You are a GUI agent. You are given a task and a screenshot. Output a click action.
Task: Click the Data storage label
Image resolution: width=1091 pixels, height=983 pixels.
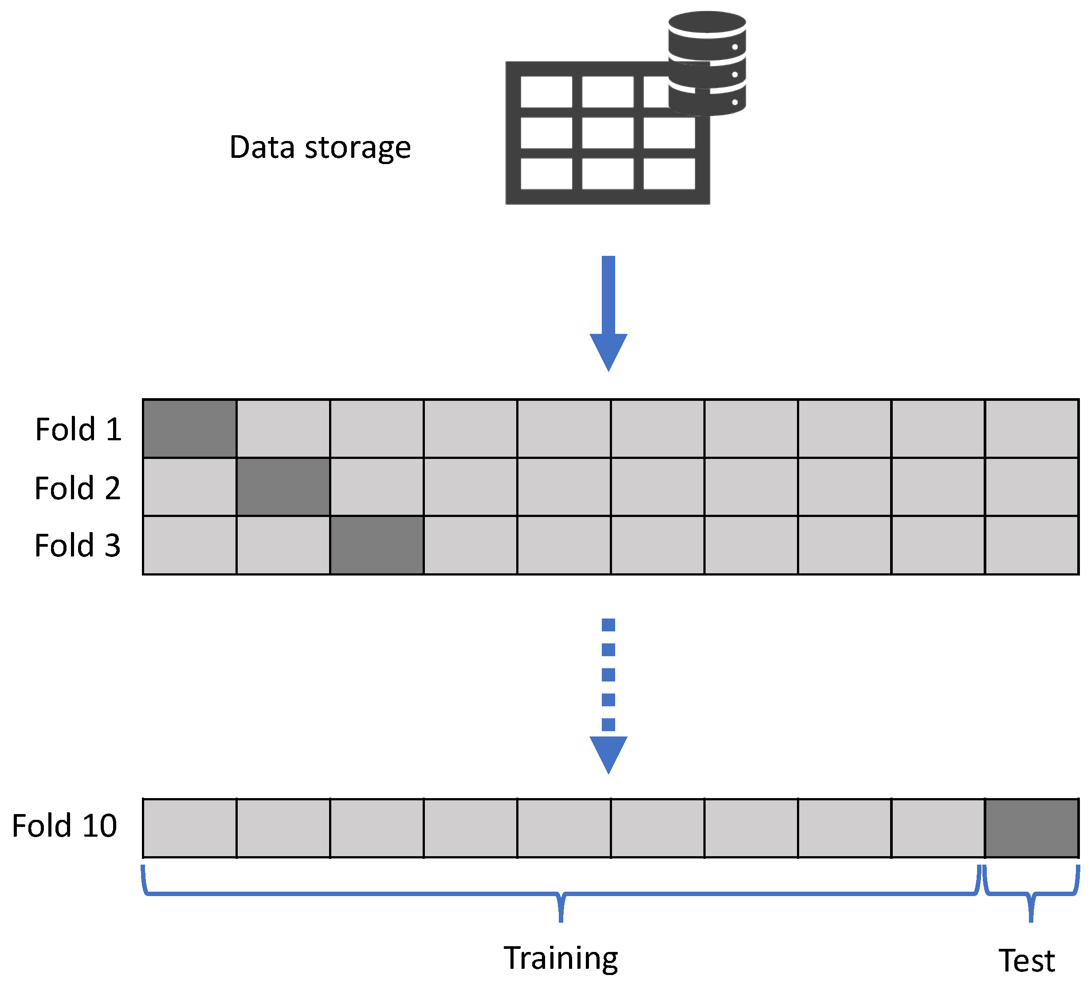point(320,148)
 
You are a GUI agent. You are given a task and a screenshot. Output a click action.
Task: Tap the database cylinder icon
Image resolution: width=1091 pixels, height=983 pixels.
point(706,64)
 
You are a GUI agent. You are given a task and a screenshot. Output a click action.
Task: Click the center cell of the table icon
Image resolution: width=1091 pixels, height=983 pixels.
point(608,133)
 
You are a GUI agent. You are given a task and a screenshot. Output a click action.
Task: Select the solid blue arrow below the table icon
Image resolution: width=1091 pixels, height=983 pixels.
point(608,313)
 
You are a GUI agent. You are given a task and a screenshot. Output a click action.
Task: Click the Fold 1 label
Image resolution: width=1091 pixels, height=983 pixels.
point(78,430)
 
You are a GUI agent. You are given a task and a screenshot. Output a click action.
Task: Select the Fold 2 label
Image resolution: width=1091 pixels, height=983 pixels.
point(77,488)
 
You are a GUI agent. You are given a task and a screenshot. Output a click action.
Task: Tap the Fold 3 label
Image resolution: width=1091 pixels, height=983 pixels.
point(77,545)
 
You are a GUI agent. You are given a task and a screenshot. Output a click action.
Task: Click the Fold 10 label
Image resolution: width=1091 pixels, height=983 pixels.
point(64,826)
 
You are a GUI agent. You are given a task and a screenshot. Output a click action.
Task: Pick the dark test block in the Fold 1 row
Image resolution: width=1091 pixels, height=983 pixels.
point(189,429)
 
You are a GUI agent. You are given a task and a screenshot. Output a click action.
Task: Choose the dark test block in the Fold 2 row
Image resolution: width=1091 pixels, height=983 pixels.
point(283,487)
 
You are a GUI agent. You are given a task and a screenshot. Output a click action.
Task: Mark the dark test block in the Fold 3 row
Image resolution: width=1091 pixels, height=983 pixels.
point(377,545)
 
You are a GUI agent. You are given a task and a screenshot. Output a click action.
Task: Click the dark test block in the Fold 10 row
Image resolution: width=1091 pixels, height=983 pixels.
point(1031,828)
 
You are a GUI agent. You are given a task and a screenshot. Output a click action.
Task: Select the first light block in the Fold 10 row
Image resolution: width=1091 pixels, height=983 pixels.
point(189,828)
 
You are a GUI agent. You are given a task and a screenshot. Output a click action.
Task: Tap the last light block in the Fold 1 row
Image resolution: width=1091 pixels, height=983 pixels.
point(1031,429)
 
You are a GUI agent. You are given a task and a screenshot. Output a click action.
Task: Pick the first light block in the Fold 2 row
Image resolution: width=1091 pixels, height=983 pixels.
point(189,487)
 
